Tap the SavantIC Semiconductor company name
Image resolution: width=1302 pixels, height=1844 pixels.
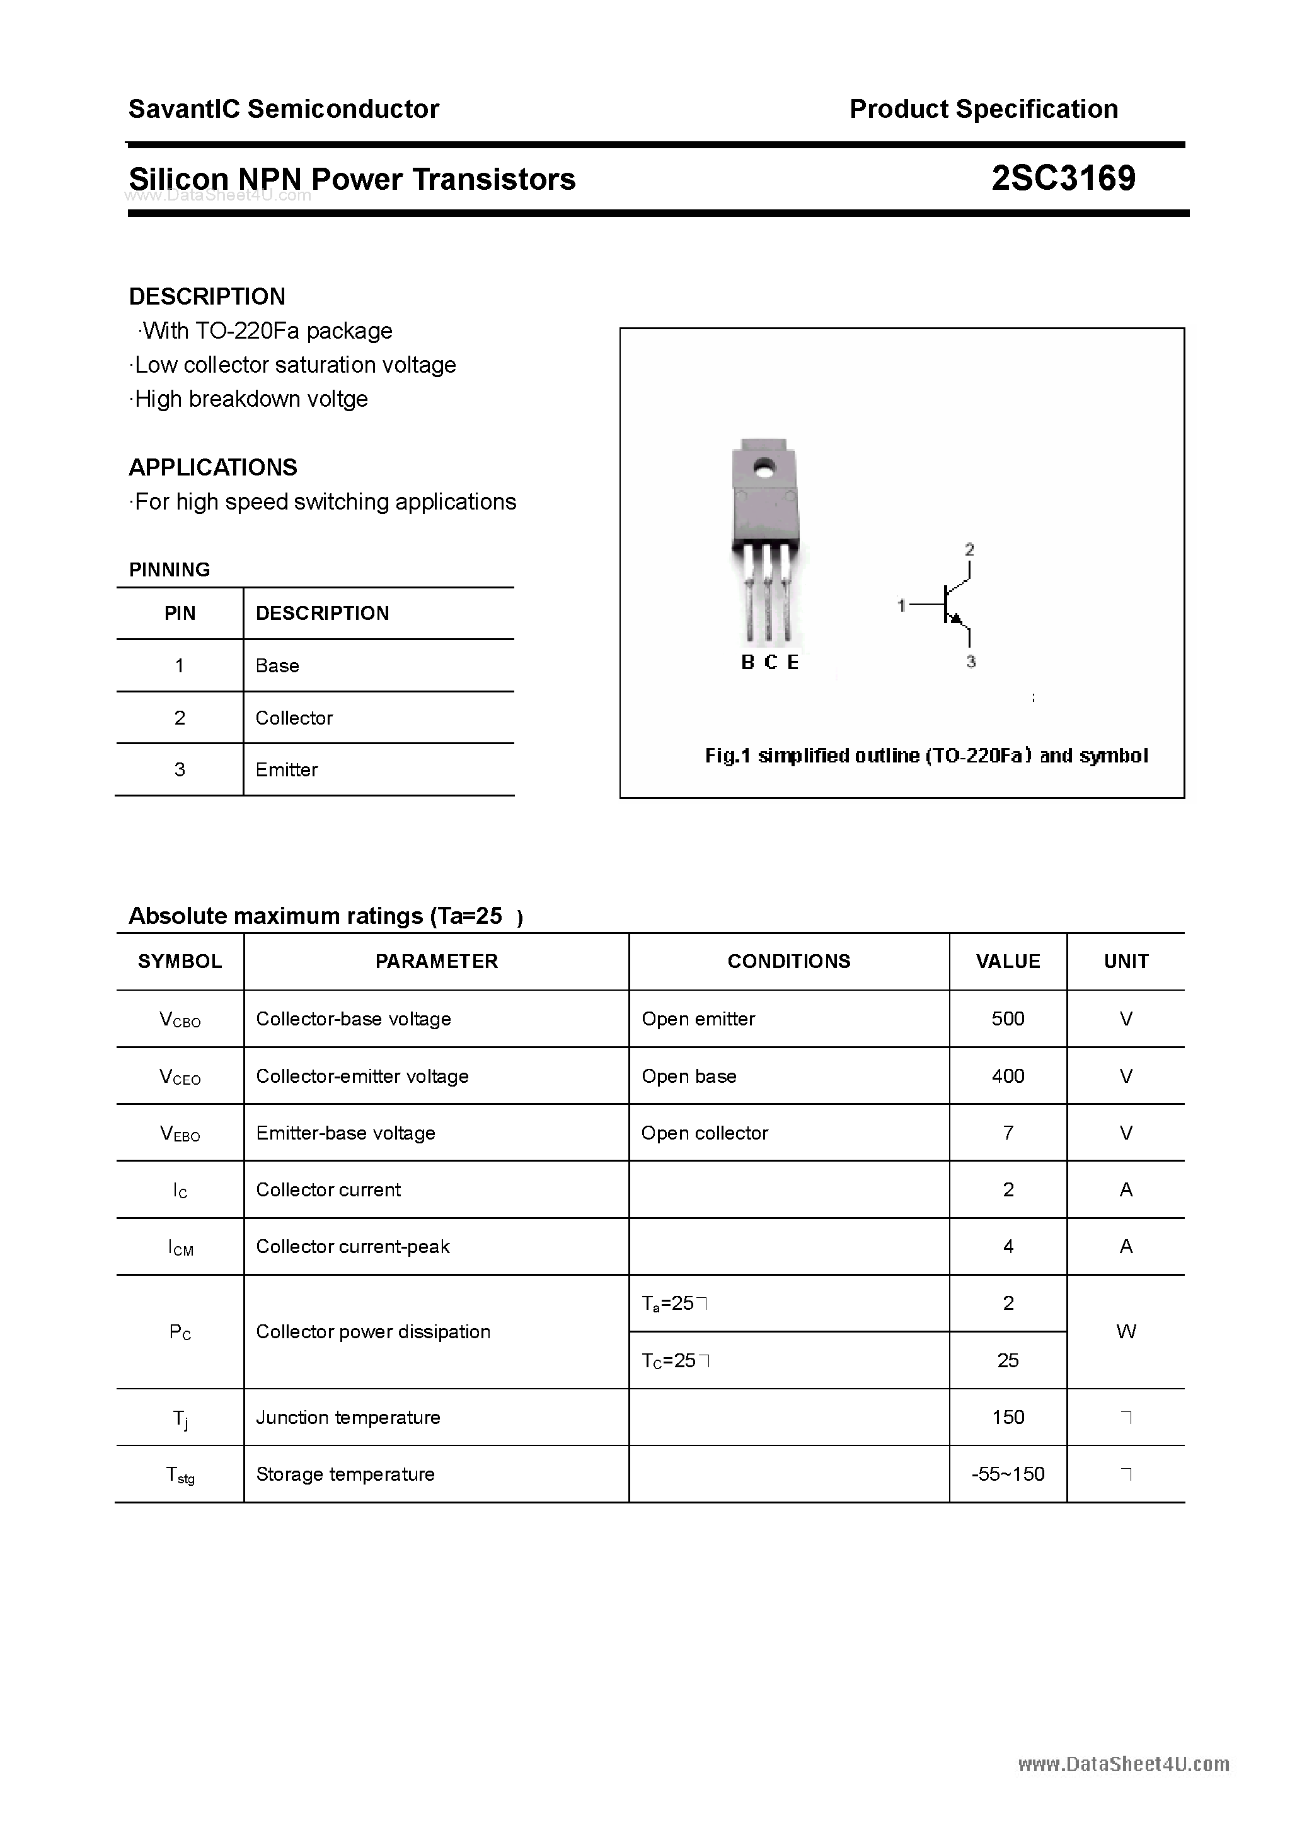pyautogui.click(x=284, y=109)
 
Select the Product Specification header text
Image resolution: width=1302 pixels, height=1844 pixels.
pyautogui.click(x=983, y=109)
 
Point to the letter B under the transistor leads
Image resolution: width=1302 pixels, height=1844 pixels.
pyautogui.click(x=747, y=663)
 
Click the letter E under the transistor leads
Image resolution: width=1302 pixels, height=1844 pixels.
pyautogui.click(x=793, y=663)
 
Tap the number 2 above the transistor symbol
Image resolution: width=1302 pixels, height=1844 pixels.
pyautogui.click(x=970, y=550)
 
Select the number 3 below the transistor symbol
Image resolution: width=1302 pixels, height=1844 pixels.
pyautogui.click(x=971, y=662)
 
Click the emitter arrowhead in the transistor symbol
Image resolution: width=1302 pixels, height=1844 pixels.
pyautogui.click(x=955, y=617)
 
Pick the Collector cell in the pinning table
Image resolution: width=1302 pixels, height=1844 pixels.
pyautogui.click(x=294, y=718)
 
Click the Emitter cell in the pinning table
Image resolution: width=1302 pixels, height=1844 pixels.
pyautogui.click(x=287, y=769)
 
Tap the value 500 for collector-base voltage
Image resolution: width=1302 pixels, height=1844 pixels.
pyautogui.click(x=1008, y=1018)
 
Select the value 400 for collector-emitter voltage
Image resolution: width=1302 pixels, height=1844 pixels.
pyautogui.click(x=1008, y=1077)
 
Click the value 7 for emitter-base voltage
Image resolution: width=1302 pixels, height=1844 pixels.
pyautogui.click(x=1008, y=1133)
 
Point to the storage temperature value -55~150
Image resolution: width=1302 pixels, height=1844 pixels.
pyautogui.click(x=1008, y=1474)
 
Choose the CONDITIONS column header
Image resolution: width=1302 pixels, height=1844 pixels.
pyautogui.click(x=788, y=961)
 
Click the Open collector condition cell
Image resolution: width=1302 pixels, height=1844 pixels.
pyautogui.click(x=705, y=1133)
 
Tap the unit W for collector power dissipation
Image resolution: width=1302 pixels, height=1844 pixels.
pyautogui.click(x=1126, y=1331)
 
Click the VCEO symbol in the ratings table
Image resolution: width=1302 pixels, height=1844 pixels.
pyautogui.click(x=180, y=1077)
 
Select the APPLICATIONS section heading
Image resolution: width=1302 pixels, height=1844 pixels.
pyautogui.click(x=213, y=467)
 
